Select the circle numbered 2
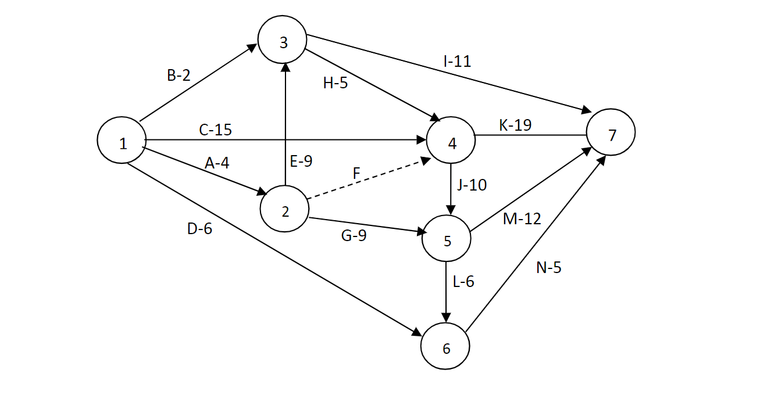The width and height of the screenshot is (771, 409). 284,210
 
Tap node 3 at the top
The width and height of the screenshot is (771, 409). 283,42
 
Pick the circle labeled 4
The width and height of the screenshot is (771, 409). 451,142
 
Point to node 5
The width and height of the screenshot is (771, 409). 446,240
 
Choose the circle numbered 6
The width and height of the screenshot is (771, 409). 446,347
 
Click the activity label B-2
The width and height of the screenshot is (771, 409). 179,76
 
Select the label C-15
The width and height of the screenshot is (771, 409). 215,130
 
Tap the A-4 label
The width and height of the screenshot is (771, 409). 217,163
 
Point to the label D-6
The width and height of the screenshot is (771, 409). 199,229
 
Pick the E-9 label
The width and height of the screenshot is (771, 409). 301,161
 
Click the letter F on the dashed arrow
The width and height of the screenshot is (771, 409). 356,173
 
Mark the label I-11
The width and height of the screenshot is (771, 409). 456,61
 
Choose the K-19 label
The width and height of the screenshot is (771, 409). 515,124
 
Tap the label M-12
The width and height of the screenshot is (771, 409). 522,218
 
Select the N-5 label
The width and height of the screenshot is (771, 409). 548,268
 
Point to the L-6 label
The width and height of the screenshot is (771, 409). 463,282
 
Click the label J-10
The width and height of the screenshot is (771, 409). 472,185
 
